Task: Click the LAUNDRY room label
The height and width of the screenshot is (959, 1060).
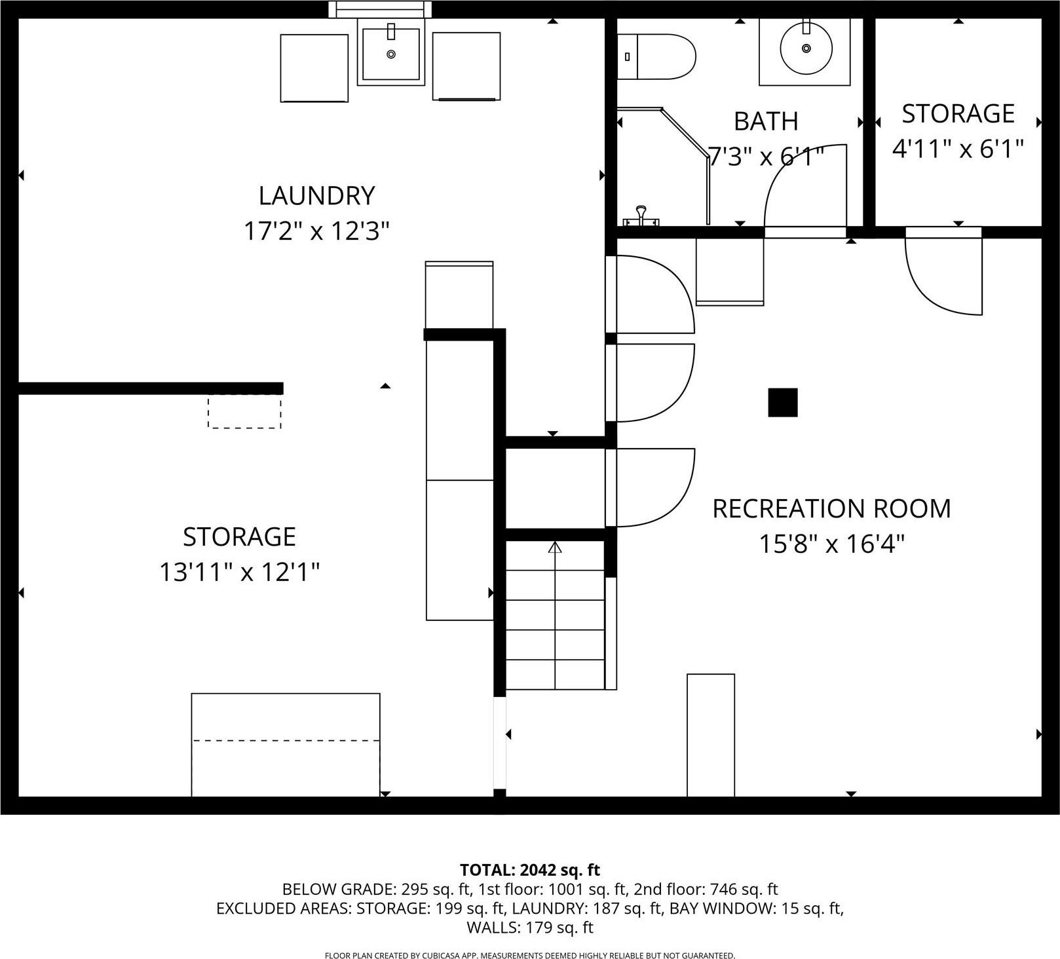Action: [316, 196]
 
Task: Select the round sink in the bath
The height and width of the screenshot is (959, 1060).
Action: [806, 48]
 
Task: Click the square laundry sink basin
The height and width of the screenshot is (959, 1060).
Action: [391, 54]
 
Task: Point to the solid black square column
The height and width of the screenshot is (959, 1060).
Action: [782, 402]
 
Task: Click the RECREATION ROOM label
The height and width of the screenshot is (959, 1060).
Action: [831, 509]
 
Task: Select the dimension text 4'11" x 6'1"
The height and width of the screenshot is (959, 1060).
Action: [958, 149]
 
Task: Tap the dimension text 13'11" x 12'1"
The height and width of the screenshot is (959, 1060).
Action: [239, 573]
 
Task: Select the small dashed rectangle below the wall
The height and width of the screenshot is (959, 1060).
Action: [244, 412]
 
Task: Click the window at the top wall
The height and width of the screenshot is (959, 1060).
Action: [380, 9]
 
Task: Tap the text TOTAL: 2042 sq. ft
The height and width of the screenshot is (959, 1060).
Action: [529, 870]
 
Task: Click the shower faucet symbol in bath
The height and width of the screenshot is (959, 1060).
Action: [641, 217]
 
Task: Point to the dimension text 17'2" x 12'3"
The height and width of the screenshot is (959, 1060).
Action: [316, 231]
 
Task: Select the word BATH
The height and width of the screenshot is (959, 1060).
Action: [765, 122]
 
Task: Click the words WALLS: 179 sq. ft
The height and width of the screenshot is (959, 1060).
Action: [529, 928]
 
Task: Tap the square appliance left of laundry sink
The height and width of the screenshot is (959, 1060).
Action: [314, 68]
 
